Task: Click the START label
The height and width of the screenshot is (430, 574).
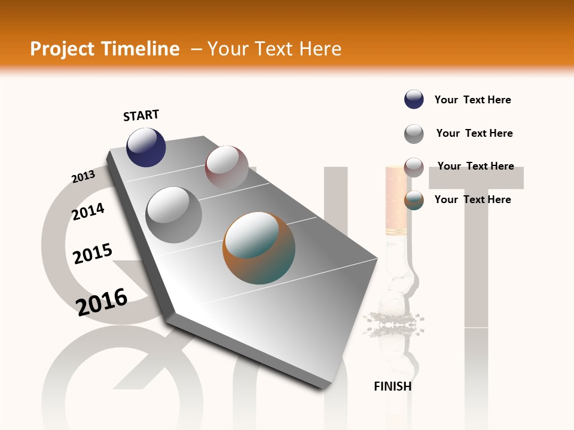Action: click(141, 115)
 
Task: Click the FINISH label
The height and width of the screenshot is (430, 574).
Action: click(392, 386)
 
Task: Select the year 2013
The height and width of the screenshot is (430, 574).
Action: click(83, 177)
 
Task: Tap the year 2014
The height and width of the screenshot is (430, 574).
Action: click(88, 212)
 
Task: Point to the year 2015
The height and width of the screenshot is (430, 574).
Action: click(93, 254)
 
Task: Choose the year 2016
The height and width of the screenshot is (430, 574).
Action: click(102, 302)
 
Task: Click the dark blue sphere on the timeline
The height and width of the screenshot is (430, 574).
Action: click(146, 148)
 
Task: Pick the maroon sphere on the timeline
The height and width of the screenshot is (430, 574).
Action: click(227, 167)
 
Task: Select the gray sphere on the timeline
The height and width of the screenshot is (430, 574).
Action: click(174, 214)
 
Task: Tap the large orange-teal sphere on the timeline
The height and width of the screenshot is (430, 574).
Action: click(259, 248)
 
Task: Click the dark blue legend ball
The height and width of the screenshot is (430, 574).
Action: click(414, 99)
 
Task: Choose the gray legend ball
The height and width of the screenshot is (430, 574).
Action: click(414, 134)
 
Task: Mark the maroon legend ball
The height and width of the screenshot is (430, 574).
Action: click(414, 167)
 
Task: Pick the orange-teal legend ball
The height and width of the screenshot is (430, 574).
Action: click(414, 200)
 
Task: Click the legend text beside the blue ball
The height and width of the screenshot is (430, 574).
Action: click(472, 100)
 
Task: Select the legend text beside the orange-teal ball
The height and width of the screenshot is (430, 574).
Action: click(472, 199)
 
